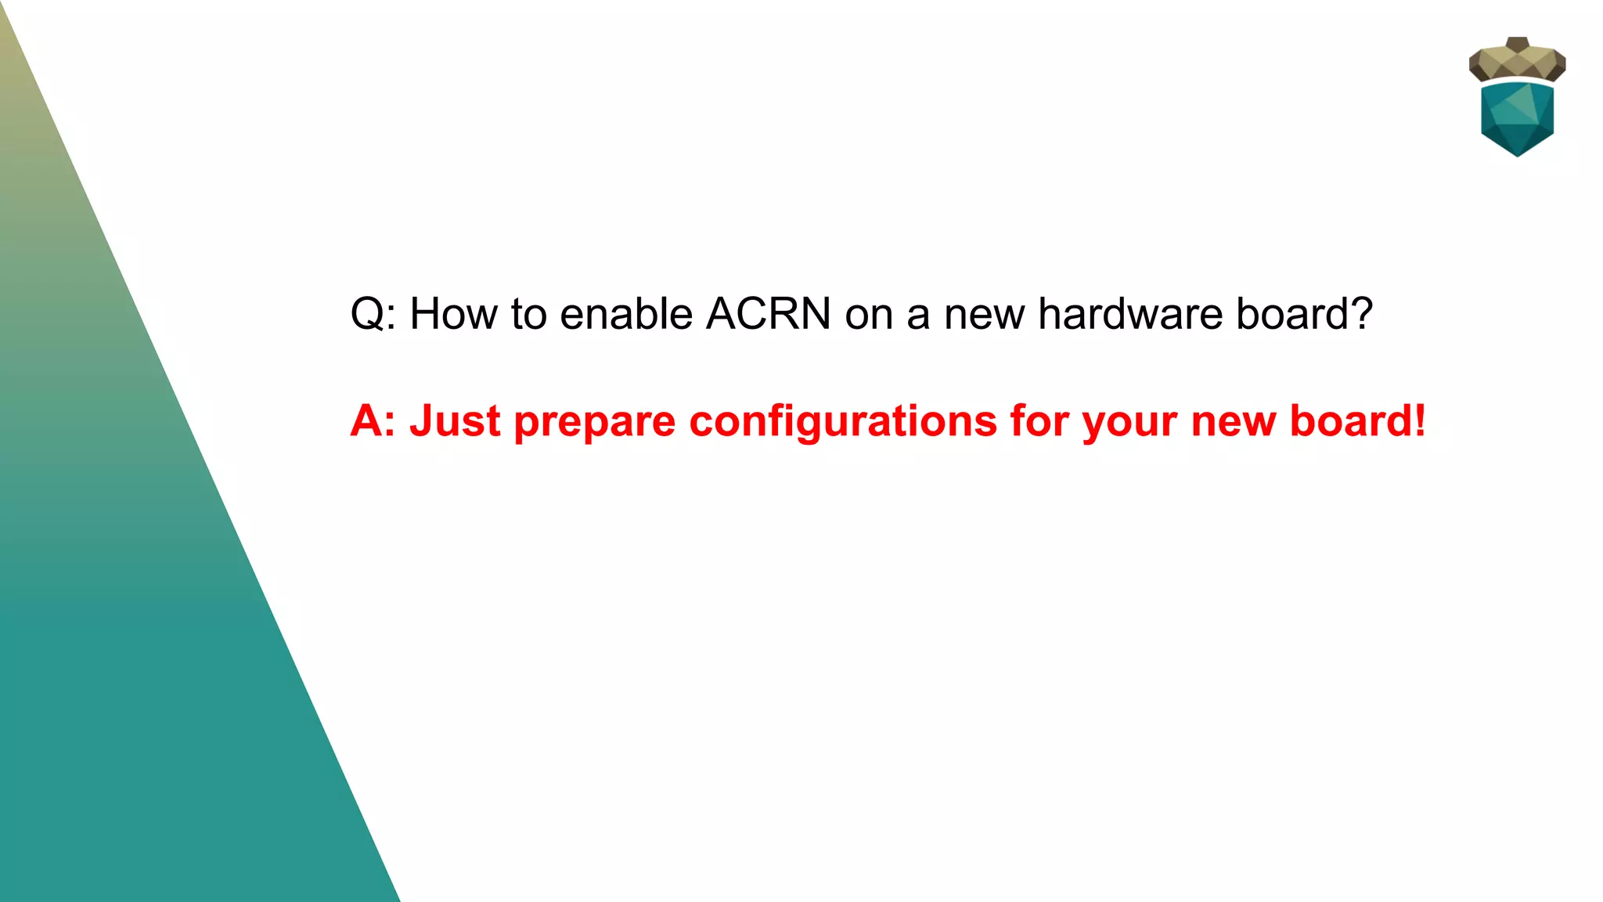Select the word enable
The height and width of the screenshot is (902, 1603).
point(626,314)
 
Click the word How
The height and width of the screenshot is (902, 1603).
point(453,314)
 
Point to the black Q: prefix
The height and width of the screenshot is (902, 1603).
point(373,316)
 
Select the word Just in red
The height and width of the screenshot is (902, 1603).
point(454,421)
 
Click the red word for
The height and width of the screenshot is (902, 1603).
point(1039,421)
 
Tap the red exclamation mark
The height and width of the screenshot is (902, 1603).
point(1419,421)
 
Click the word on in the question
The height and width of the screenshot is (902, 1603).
point(868,316)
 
